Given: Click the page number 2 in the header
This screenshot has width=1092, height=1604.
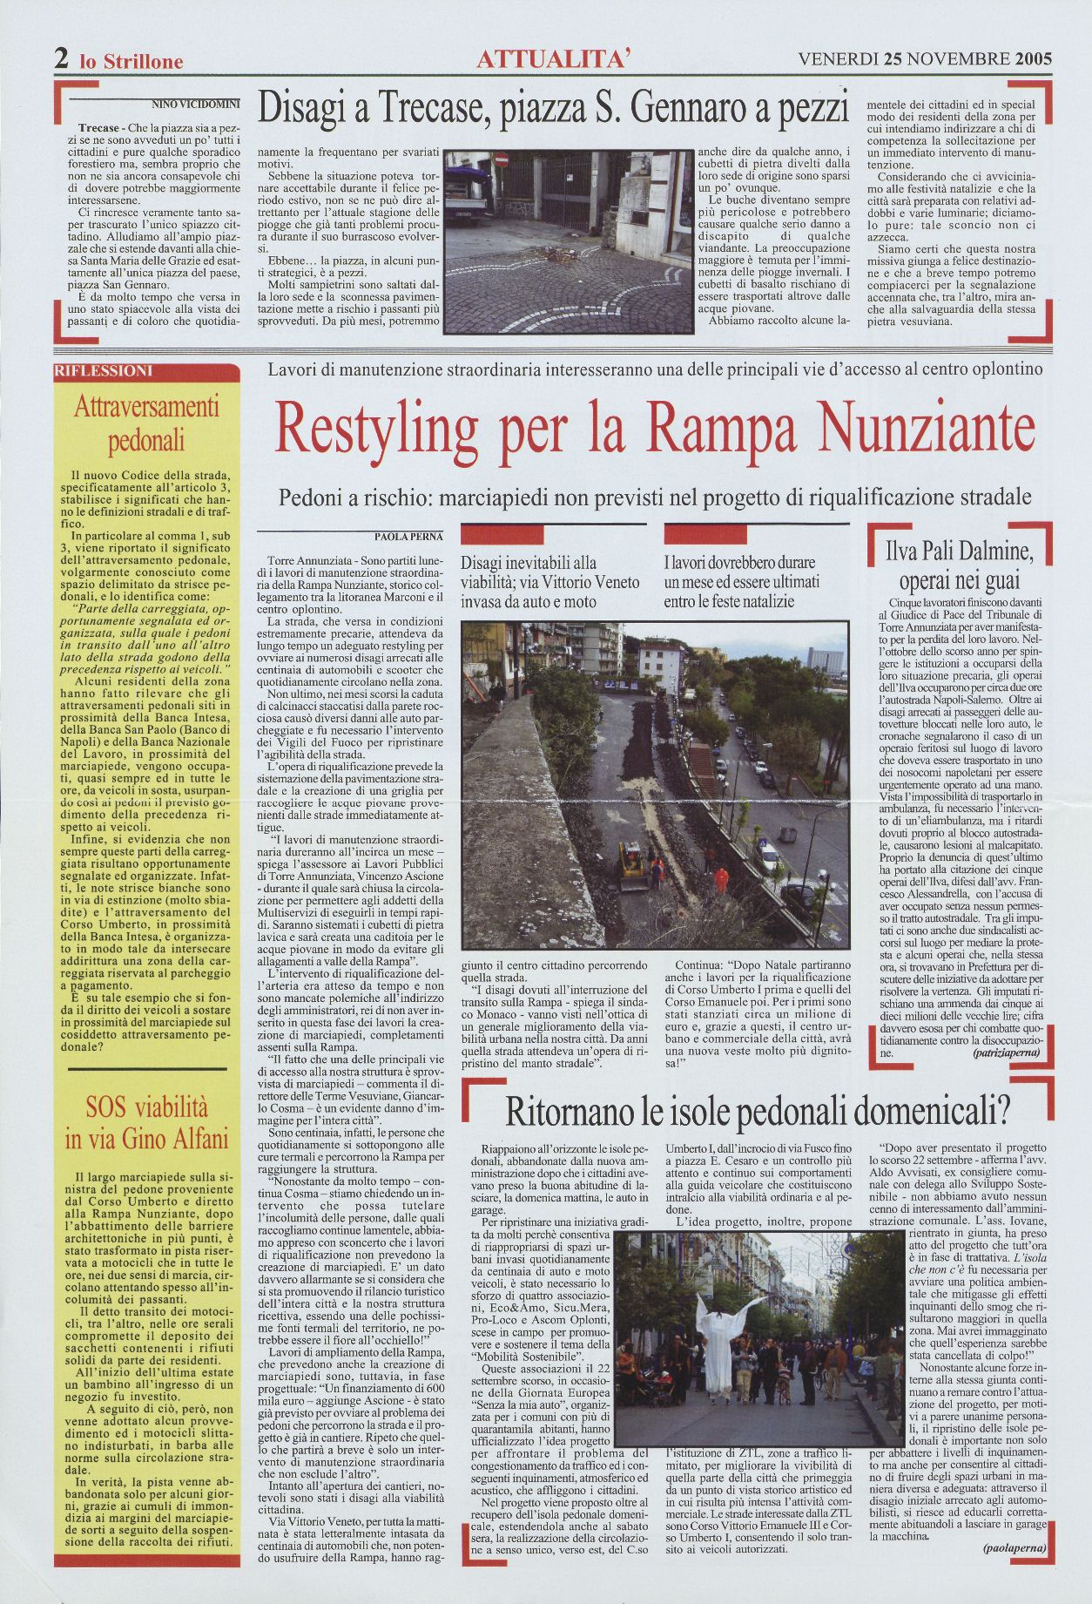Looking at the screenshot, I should pos(62,59).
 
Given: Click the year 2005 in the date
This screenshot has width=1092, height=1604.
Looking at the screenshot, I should pos(1033,59).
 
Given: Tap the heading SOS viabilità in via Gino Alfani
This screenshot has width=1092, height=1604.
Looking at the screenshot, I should pos(146,1122).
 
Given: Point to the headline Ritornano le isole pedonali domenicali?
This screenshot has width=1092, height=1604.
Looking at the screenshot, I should pos(757,1112).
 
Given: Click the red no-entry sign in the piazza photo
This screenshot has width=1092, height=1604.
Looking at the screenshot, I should pos(501,160).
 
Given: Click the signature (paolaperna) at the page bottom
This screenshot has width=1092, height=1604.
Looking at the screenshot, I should pos(1014,1572).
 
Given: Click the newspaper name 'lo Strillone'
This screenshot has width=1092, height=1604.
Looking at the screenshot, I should pos(131,62).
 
